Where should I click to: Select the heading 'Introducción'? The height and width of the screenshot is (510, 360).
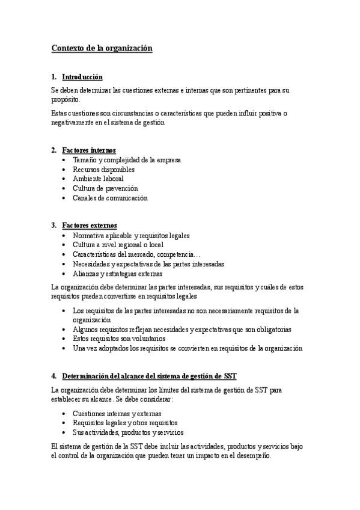(x=82, y=77)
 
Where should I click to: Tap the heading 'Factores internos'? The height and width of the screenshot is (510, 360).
(x=89, y=150)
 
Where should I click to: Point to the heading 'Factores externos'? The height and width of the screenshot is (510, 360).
(x=90, y=226)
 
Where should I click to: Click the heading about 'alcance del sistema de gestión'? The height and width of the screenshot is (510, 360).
(x=149, y=376)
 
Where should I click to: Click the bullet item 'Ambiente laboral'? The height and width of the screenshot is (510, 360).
(x=98, y=179)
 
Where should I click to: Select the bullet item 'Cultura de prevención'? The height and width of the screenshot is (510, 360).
(x=105, y=188)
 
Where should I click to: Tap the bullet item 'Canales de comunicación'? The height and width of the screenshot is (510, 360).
(x=110, y=198)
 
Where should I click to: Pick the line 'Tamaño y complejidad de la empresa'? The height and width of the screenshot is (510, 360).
(x=127, y=160)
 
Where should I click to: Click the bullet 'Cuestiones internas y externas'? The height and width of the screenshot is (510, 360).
(x=117, y=414)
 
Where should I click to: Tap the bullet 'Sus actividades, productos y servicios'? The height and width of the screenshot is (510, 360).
(x=128, y=432)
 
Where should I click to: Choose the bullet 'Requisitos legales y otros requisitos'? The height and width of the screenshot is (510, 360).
(x=125, y=423)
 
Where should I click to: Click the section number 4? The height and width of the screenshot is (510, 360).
(x=53, y=376)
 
